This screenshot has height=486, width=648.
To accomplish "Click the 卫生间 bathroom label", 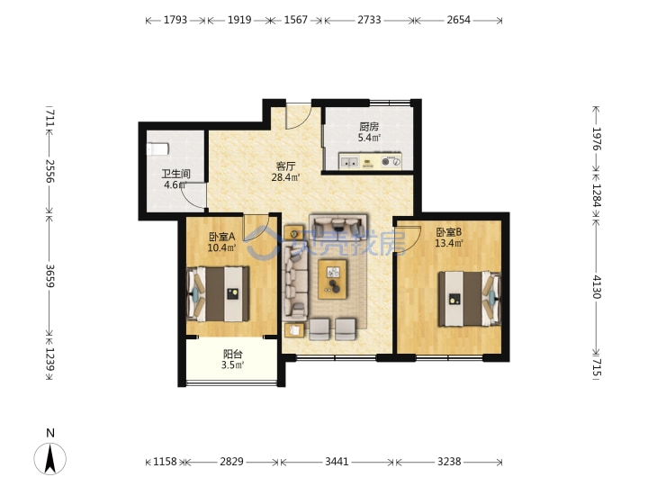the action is click(175, 174).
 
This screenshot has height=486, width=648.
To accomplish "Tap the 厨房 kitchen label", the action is click(369, 127).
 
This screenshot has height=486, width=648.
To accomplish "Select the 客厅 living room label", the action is click(285, 166).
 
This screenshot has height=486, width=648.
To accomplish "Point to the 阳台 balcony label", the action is click(233, 354).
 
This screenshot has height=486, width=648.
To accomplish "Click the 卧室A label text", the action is click(222, 237).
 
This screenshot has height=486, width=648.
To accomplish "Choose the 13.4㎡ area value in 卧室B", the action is click(449, 243).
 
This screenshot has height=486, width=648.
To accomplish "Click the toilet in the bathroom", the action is click(157, 148).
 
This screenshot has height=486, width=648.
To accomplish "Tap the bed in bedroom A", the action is click(218, 293).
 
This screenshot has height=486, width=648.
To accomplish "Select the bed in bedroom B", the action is click(470, 299).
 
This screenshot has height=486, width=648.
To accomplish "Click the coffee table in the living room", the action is click(332, 279).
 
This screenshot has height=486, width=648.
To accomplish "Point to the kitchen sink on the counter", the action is click(349, 162).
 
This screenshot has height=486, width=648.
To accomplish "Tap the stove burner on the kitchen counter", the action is click(385, 162).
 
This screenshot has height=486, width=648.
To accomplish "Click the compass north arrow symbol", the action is click(50, 458).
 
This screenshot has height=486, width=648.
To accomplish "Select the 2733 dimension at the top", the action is click(369, 20).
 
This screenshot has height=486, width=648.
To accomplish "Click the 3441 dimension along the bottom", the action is click(337, 461).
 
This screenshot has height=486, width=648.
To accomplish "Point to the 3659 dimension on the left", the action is click(50, 275).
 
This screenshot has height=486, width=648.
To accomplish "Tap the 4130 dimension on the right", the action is click(597, 286).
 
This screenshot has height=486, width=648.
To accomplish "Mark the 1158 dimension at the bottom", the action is click(165, 461).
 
